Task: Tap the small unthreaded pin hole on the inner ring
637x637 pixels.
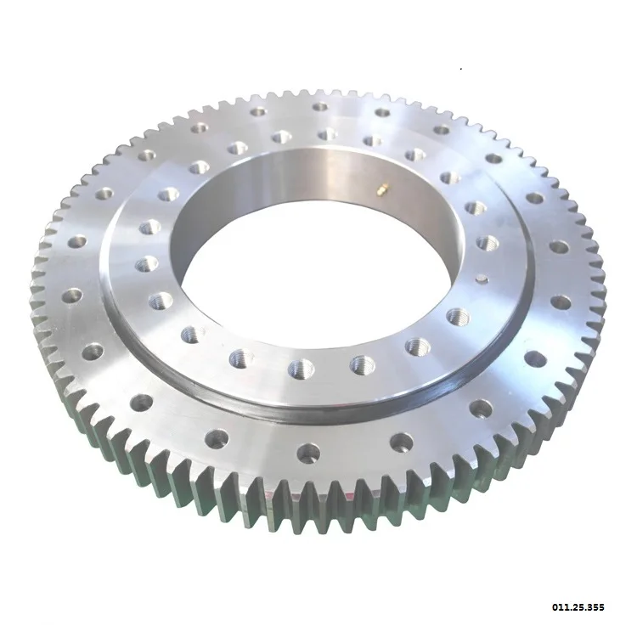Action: coord(482,277)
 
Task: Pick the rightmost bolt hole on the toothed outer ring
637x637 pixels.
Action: coord(560,302)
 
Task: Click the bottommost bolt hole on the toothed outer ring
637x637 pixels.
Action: coord(308,451)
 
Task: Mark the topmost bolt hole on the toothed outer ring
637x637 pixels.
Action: coord(320,107)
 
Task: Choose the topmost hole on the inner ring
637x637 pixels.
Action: coord(326,133)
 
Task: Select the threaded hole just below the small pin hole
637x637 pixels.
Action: coord(459,316)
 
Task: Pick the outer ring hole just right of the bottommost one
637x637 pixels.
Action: coord(400,442)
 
